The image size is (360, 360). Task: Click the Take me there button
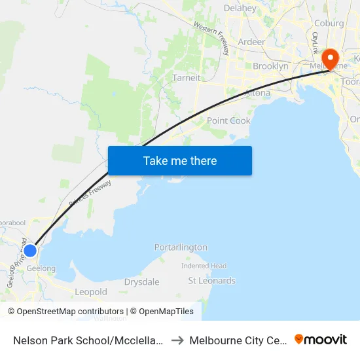point(180,160)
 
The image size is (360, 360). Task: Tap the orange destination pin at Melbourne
point(330,59)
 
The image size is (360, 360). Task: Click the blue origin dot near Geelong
point(30,250)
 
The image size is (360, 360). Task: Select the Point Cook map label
point(228,120)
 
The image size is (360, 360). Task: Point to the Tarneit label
point(187,78)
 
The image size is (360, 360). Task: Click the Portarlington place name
point(181,247)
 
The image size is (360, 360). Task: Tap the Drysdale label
point(141,282)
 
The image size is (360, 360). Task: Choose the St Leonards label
point(211,281)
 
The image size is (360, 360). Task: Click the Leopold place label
point(91,292)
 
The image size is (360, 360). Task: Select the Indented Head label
point(204,266)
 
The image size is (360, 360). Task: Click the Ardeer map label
point(251,42)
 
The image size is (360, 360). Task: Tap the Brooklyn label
point(270,66)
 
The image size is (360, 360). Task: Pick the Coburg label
point(328,24)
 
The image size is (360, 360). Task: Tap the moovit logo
point(321,340)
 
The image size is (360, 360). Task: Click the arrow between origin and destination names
point(177,340)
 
